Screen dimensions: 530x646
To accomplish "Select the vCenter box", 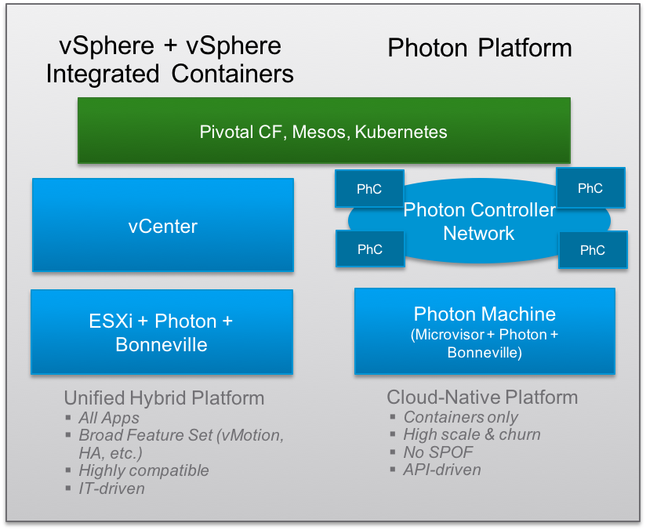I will click(x=162, y=226).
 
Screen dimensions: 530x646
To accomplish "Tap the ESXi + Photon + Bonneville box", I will click(x=161, y=332).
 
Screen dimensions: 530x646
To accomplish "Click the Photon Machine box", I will click(x=484, y=331).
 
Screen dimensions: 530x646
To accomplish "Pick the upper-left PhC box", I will click(x=369, y=189).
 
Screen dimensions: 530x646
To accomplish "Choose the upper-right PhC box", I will click(x=590, y=187).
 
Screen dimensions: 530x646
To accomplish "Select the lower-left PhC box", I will click(x=369, y=249).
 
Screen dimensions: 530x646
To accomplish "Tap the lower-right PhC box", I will click(x=593, y=250).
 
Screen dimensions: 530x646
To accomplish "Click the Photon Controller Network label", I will click(x=479, y=221).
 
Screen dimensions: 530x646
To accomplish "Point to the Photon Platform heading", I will click(x=480, y=48).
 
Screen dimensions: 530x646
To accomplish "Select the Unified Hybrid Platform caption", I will click(x=164, y=397).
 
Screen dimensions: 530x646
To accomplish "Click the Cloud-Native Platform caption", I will click(x=482, y=397).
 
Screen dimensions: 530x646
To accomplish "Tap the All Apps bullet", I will click(x=109, y=418).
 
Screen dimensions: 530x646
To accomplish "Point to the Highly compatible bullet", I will click(x=143, y=470).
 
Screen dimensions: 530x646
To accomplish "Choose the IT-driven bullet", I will click(x=111, y=488).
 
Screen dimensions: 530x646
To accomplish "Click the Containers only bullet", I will click(x=460, y=417).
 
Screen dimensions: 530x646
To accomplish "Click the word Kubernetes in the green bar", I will click(x=401, y=132).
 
